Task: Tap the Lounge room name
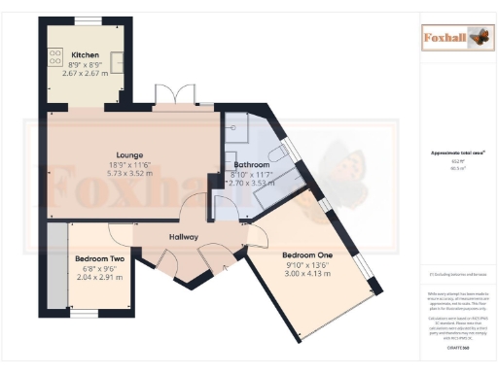coord(130,154)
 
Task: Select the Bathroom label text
coord(251,165)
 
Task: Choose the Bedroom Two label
coord(100,259)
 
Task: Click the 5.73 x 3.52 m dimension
coord(130,174)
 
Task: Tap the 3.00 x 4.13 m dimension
coord(306,275)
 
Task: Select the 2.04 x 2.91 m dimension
coord(100,277)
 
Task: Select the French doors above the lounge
coord(166,99)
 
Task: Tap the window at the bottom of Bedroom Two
coord(85,313)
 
